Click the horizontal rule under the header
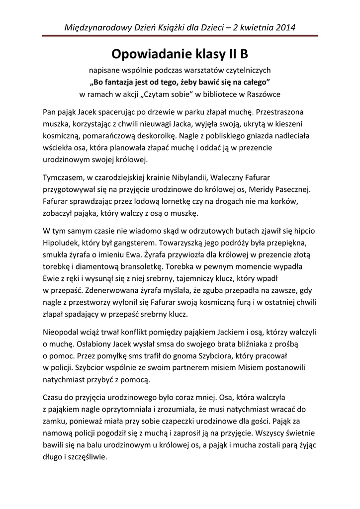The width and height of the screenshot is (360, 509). click(x=180, y=35)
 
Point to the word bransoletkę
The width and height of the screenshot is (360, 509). click(x=132, y=267)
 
